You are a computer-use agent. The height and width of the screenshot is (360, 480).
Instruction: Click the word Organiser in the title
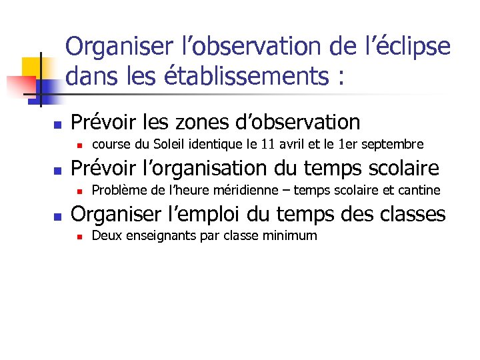[x=123, y=47]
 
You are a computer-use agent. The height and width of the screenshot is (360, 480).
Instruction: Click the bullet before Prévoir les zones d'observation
[x=57, y=125]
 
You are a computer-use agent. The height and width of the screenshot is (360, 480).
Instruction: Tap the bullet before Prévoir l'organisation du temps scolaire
[x=57, y=170]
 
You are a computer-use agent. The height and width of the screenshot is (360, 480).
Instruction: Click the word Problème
[x=120, y=190]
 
